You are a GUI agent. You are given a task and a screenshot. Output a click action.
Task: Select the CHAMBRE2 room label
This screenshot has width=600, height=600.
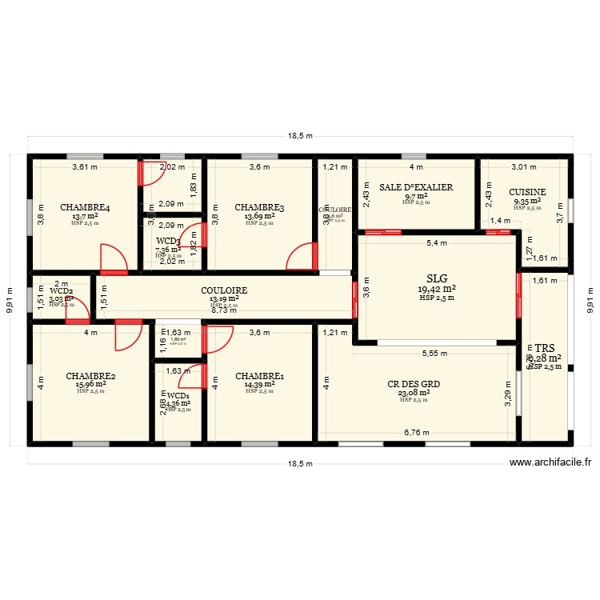[90, 375]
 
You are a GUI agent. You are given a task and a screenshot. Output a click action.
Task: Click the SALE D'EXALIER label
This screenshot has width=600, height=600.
[416, 187]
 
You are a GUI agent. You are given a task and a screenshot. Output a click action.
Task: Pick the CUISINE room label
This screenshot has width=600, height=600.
[527, 192]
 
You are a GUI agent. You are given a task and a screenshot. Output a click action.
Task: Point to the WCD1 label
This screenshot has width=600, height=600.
[178, 395]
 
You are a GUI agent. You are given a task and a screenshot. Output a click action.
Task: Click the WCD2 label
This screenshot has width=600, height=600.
[62, 291]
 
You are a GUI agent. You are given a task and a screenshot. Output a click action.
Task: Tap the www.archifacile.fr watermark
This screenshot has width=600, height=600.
[550, 462]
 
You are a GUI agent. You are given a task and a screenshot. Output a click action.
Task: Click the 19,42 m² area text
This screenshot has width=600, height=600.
[437, 289]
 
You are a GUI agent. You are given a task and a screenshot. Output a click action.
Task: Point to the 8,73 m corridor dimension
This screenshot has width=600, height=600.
[224, 310]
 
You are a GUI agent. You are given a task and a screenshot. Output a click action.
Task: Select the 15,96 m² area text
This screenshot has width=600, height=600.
[90, 384]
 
